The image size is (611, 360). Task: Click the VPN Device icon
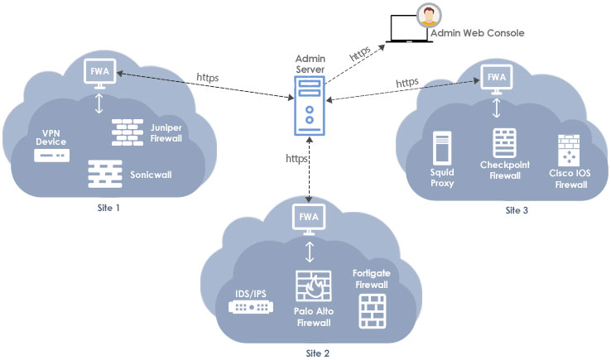click(51, 154)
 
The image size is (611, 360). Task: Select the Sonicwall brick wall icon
click(105, 174)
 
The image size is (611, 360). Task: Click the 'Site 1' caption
click(108, 208)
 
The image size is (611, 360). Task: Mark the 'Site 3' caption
click(517, 211)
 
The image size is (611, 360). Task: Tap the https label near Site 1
click(208, 78)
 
